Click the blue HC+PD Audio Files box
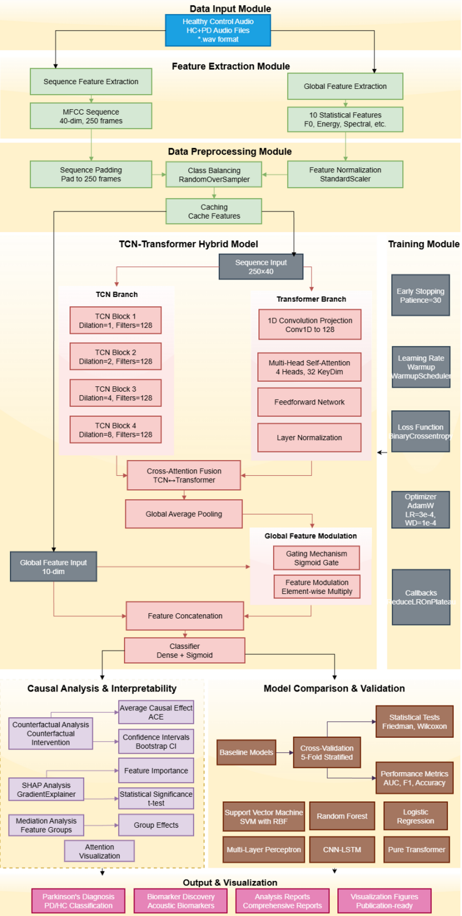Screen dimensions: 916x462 pos(218,30)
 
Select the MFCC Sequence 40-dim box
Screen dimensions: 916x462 pos(91,116)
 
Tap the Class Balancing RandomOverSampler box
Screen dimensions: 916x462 pos(214,175)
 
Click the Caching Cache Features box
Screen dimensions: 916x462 pos(214,211)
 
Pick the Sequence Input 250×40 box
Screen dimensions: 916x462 pos(261,267)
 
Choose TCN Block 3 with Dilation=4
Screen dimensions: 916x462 pos(115,393)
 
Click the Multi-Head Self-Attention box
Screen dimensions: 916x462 pos(309,367)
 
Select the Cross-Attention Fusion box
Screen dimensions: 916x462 pos(184,476)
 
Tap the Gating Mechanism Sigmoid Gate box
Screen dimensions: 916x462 pos(316,558)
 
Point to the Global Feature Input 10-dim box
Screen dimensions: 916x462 pos(53,566)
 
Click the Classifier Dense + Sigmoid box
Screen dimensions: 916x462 pos(184,650)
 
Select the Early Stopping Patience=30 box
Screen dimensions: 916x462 pos(420,295)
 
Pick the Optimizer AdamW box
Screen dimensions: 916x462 pos(420,510)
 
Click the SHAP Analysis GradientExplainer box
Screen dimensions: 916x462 pos(46,789)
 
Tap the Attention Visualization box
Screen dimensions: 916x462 pos(99,851)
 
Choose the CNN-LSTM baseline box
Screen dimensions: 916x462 pos(342,849)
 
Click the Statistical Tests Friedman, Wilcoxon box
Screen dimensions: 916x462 pos(414,721)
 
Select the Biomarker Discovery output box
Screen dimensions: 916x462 pos(181,901)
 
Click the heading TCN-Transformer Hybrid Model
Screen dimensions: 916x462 pos(188,244)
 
